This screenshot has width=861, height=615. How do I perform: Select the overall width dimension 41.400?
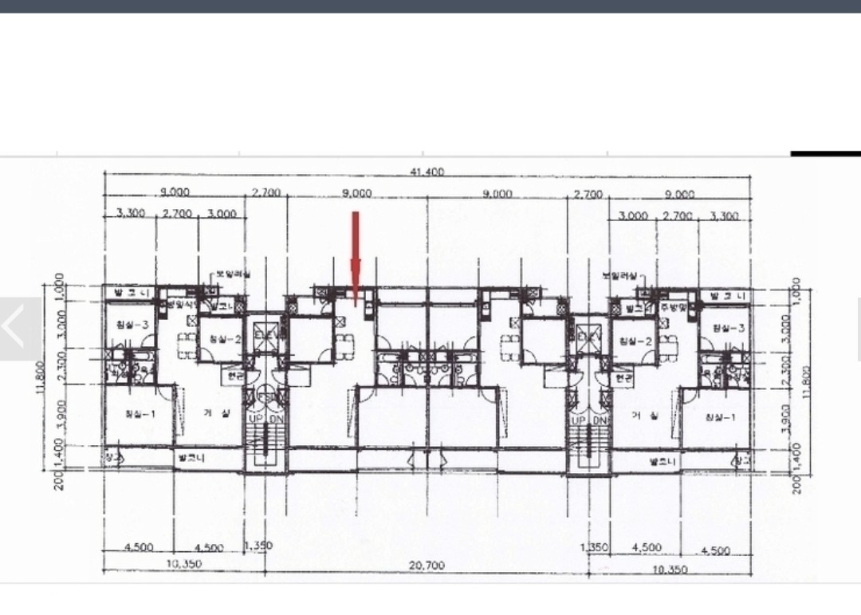pyautogui.click(x=427, y=171)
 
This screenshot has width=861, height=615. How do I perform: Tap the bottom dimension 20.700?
pyautogui.click(x=427, y=565)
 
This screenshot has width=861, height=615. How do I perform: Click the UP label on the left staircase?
pyautogui.click(x=255, y=419)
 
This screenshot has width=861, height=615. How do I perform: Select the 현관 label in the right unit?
pyautogui.click(x=623, y=377)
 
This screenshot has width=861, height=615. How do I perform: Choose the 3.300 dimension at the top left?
pyautogui.click(x=131, y=214)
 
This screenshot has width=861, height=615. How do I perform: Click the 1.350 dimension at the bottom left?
pyautogui.click(x=258, y=546)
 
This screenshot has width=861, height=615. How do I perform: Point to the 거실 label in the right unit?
pyautogui.click(x=643, y=416)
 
